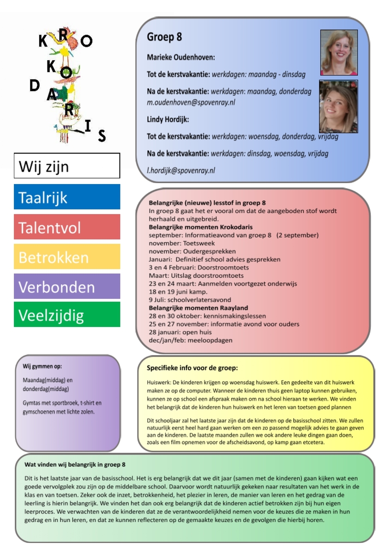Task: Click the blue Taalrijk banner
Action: tap(67, 197)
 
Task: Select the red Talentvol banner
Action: tap(67, 227)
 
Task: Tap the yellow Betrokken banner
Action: tap(67, 257)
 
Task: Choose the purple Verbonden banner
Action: tap(67, 286)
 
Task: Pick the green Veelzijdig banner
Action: tap(67, 314)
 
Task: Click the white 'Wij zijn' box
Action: tap(67, 166)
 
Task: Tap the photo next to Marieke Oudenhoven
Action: tap(339, 52)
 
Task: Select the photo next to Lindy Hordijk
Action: tap(338, 107)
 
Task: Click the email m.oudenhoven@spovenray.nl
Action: tap(191, 102)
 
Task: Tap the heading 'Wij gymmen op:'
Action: tap(42, 366)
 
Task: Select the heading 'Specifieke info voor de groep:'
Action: tap(192, 368)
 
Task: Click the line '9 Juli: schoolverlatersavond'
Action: tap(190, 300)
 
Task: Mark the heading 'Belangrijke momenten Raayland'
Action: tap(198, 308)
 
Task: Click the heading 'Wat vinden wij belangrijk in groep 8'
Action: tap(75, 465)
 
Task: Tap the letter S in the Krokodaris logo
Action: tap(102, 136)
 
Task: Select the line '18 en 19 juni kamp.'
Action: tap(178, 291)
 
